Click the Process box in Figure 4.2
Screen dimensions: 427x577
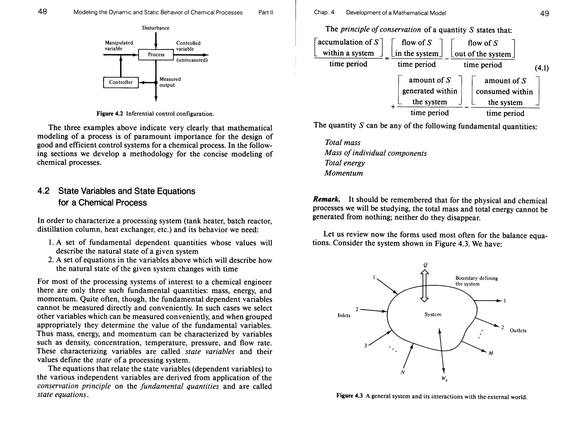(156, 55)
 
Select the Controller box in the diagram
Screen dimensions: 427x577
(121, 82)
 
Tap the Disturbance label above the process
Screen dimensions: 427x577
(156, 28)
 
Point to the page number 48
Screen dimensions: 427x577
(43, 12)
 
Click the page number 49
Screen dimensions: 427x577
(544, 14)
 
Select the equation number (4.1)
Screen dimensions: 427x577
(542, 68)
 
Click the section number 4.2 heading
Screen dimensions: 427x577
(43, 191)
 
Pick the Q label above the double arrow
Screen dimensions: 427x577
(425, 265)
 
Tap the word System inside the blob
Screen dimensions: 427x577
(433, 314)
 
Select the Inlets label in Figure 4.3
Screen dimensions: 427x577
(344, 315)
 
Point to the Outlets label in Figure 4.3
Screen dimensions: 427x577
(518, 331)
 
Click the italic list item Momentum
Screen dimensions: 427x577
(343, 173)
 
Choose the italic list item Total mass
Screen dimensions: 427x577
(342, 143)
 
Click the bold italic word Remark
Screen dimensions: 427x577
(327, 200)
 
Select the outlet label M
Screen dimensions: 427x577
(491, 353)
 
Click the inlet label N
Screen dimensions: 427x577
(403, 372)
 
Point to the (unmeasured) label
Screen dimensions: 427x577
(192, 60)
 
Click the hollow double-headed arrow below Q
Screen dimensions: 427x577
(424, 285)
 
